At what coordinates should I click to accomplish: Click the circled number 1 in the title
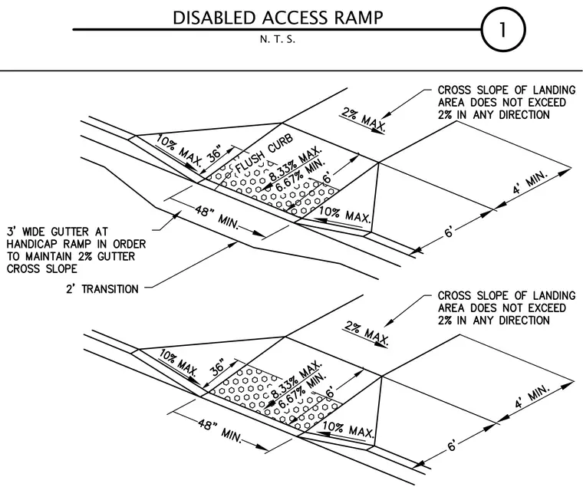(x=503, y=29)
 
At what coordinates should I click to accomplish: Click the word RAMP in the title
(x=359, y=18)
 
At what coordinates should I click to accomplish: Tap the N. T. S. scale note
(x=278, y=39)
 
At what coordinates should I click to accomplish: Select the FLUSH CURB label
(x=265, y=153)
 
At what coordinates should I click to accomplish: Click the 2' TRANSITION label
(x=102, y=289)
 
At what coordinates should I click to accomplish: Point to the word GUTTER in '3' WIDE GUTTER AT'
(x=70, y=232)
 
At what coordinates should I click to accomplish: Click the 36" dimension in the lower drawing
(x=217, y=366)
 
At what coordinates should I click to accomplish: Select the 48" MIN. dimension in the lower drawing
(x=219, y=429)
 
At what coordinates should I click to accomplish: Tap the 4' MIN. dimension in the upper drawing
(x=531, y=183)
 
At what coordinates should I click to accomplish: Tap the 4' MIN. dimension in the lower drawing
(x=532, y=397)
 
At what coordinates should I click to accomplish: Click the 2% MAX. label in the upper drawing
(x=364, y=120)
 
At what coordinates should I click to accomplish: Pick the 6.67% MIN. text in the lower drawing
(x=302, y=390)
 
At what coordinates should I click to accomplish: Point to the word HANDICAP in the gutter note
(x=32, y=244)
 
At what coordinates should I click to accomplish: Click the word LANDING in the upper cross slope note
(x=554, y=90)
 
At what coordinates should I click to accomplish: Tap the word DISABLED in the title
(x=215, y=18)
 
